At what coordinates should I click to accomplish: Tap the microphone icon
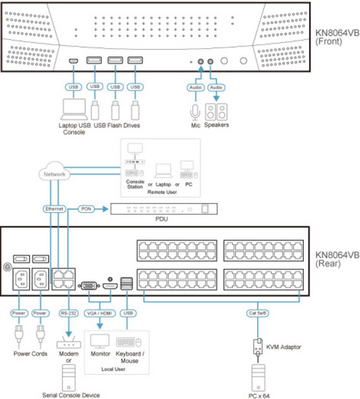pyautogui.click(x=195, y=112)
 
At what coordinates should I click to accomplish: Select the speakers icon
pyautogui.click(x=216, y=112)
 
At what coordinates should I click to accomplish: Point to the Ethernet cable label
pyautogui.click(x=54, y=209)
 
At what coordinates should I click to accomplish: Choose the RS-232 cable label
pyautogui.click(x=68, y=313)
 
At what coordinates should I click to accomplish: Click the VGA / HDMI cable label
pyautogui.click(x=100, y=313)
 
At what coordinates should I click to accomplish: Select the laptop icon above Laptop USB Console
pyautogui.click(x=74, y=109)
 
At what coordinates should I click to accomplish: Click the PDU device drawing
pyautogui.click(x=164, y=209)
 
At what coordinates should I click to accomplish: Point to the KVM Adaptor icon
pyautogui.click(x=258, y=347)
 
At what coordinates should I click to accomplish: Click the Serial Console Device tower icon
pyautogui.click(x=69, y=377)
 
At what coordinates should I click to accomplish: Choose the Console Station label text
pyautogui.click(x=135, y=184)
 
